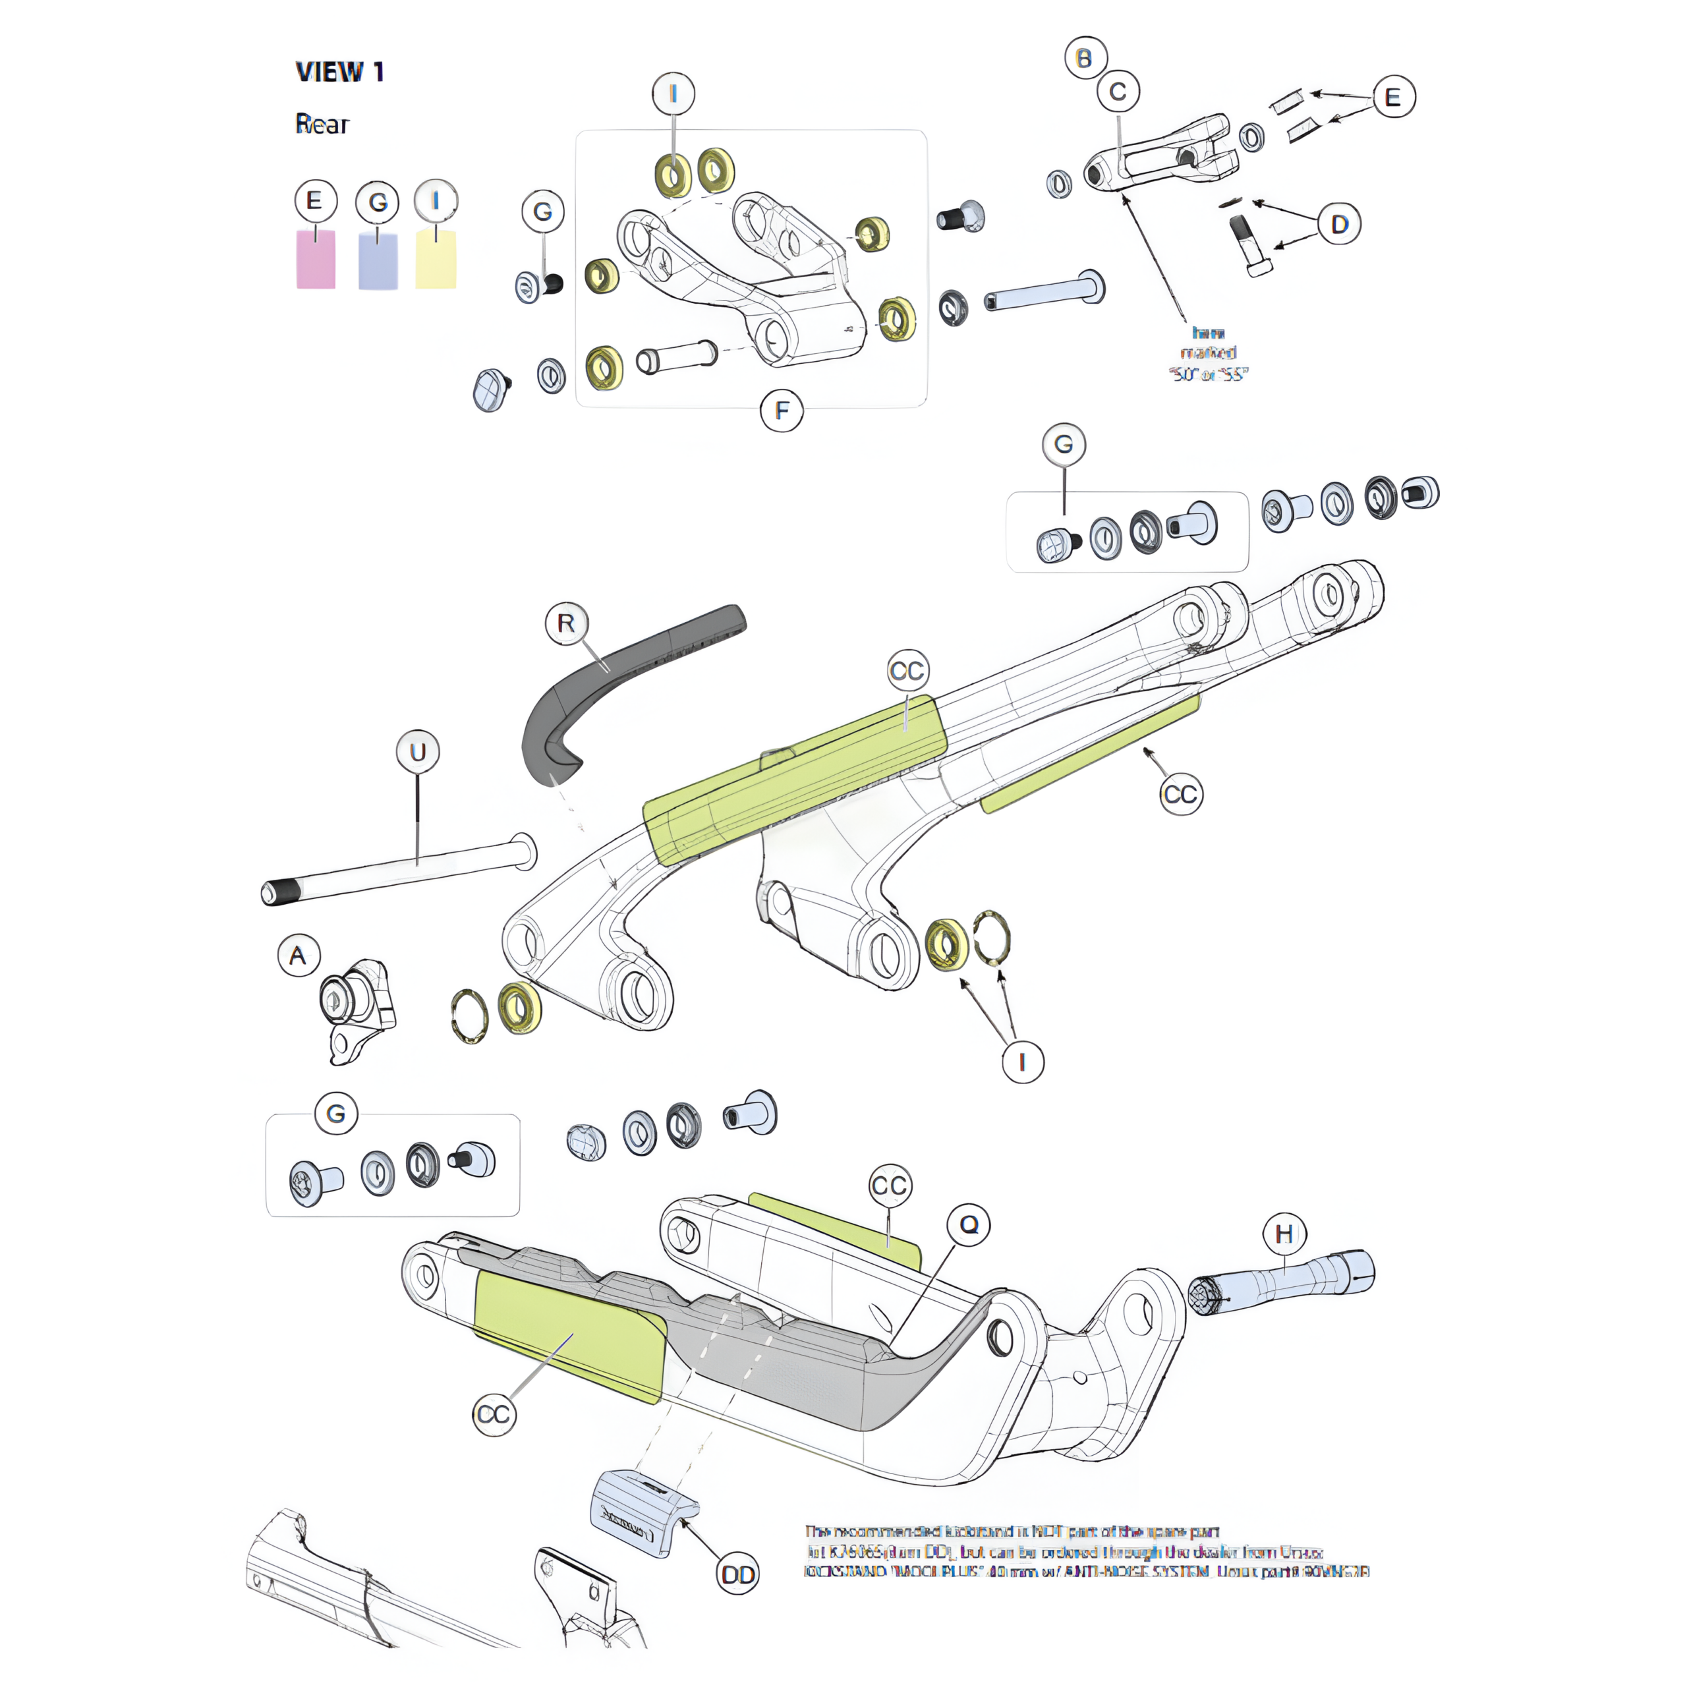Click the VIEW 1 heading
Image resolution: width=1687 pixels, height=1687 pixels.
339,72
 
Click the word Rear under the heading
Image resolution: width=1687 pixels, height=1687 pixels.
322,125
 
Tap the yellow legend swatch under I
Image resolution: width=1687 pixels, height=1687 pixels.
436,260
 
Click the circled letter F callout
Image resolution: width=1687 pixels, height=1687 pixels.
782,411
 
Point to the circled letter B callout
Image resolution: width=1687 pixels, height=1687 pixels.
1085,59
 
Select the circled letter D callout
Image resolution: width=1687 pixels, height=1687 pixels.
1340,225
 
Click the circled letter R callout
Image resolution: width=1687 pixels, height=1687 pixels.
567,623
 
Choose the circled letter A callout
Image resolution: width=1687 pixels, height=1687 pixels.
299,956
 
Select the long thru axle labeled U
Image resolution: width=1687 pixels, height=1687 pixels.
402,869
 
